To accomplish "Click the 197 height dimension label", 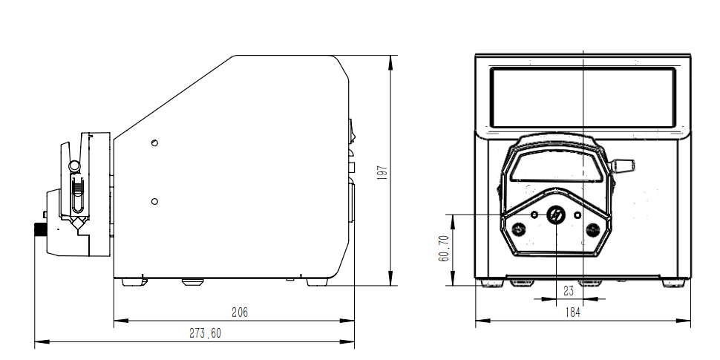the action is pos(382,173).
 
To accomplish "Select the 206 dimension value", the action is pos(240,312).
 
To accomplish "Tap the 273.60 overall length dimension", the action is pos(206,333).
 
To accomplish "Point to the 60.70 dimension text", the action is pos(444,249).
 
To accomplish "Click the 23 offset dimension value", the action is pos(569,291).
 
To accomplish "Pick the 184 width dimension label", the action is pos(572,312).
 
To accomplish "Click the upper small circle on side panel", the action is pos(154,143).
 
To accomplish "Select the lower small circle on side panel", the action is pos(154,202).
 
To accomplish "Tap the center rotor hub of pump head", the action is pos(556,215).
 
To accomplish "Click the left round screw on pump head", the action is pos(519,229).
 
